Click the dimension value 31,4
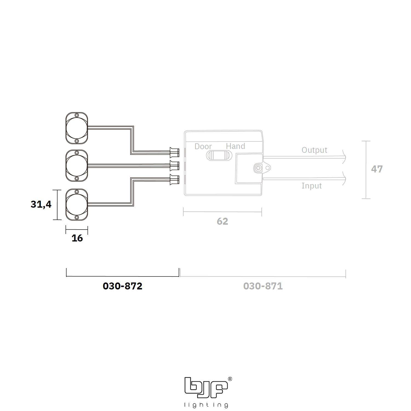41,204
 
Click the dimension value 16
77,238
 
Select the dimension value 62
222,221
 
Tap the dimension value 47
377,169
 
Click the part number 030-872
122,286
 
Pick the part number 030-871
263,286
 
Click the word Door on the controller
203,146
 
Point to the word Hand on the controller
235,146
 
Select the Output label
314,150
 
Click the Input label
312,186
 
